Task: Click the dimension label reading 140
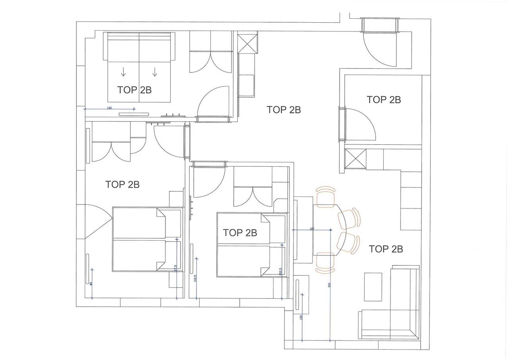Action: click(109, 107)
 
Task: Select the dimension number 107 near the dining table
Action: click(312, 228)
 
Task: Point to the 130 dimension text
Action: click(301, 318)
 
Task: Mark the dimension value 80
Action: click(91, 284)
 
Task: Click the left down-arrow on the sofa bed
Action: click(123, 72)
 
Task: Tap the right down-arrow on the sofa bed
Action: click(155, 72)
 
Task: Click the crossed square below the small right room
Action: click(355, 159)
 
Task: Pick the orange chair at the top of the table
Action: click(326, 195)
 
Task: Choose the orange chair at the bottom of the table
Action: click(326, 263)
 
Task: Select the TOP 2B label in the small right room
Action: click(384, 99)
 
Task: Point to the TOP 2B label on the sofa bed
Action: click(134, 90)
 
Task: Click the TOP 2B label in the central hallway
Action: click(284, 110)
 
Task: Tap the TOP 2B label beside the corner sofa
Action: click(386, 249)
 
